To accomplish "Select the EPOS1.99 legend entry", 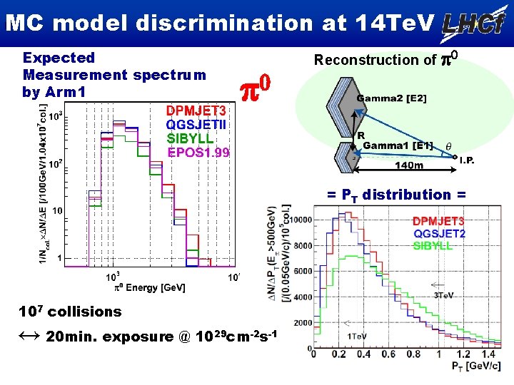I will (x=198, y=152).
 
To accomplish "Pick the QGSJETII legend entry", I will (x=197, y=124).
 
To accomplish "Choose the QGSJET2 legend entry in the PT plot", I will (x=438, y=232).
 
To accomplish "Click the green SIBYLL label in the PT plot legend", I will (x=432, y=245).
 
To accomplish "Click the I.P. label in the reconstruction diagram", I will (x=467, y=160).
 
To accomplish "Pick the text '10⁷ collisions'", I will (x=71, y=311).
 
